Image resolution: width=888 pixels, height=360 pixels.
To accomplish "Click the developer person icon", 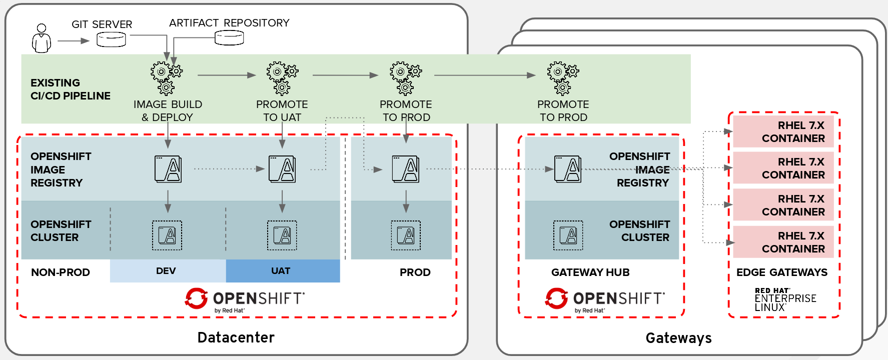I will pos(42,38).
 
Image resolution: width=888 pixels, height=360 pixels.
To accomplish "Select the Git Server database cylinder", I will pos(111,39).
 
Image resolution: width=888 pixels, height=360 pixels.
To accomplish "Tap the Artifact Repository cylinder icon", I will pos(229,37).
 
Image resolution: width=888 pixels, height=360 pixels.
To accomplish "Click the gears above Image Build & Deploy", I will pos(166,78).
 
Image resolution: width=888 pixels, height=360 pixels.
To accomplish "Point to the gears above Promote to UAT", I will pos(282,78).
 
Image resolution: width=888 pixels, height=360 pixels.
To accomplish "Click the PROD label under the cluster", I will pos(415,272).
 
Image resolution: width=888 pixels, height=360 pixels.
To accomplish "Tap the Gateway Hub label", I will pos(590,272).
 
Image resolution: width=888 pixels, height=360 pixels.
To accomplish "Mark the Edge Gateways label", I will pos(782,272).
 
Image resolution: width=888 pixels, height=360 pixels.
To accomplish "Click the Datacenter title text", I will pos(236,337).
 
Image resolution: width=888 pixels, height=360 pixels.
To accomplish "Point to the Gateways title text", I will pos(678,338).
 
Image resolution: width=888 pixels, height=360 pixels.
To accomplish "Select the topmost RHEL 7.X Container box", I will pos(783,131).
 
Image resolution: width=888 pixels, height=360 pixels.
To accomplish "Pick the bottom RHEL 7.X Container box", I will pos(783,242).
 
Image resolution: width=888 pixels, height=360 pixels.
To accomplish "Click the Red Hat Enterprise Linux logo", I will pos(785,299).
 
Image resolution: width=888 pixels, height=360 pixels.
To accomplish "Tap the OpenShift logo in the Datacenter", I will pos(245,299).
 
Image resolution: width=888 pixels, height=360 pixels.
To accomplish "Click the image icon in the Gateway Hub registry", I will pos(568,169).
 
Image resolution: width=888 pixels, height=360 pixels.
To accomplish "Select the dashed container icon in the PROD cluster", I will pos(406,235).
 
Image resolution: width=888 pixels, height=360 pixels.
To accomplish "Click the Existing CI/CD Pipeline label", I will pos(71,89).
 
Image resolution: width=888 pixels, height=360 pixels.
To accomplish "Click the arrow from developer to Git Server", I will pos(73,40).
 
